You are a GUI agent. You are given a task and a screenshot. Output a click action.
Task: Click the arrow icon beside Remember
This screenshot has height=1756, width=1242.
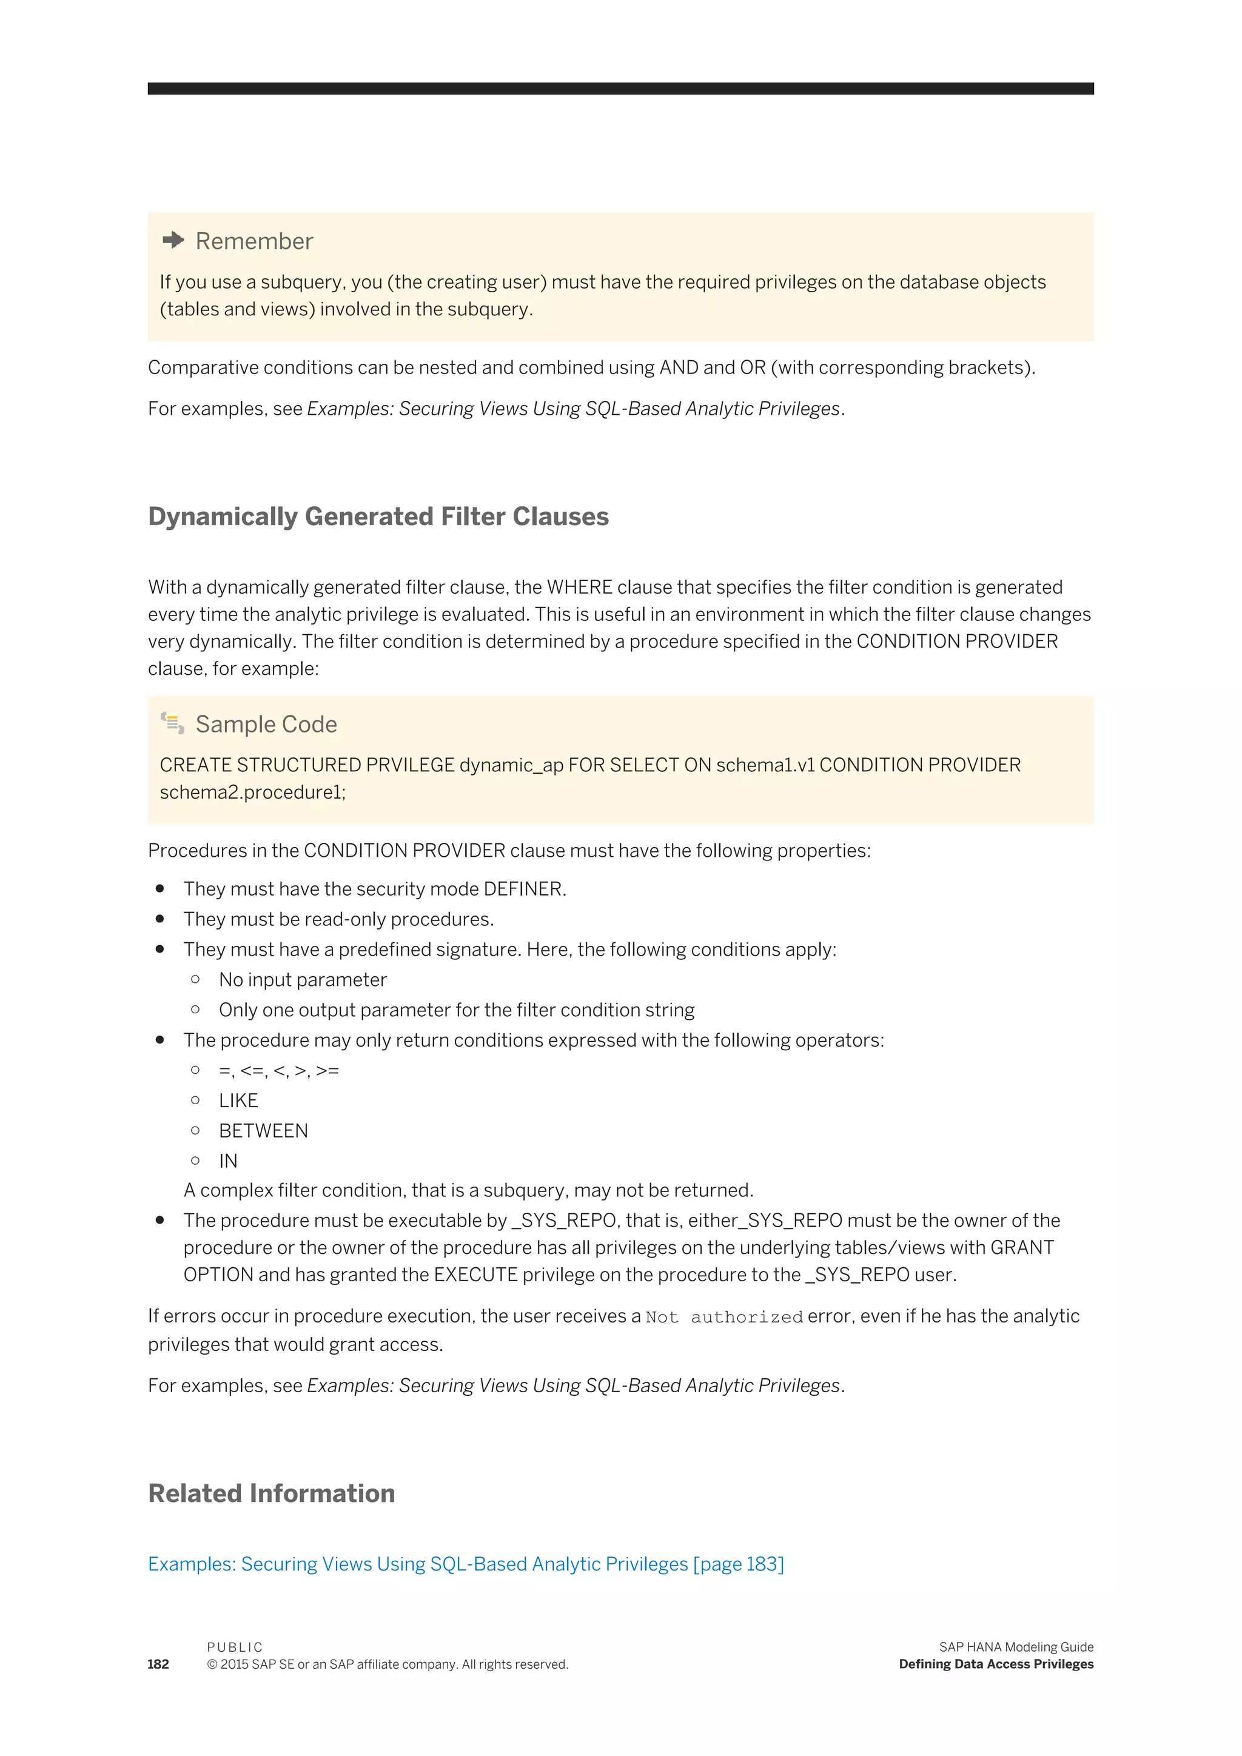click(173, 240)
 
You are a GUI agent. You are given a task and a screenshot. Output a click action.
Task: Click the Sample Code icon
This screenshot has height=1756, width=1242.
click(172, 723)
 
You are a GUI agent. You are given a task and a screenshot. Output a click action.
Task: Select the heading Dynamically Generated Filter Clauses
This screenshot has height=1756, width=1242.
click(378, 517)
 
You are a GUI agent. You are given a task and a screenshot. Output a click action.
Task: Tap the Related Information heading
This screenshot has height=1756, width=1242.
click(272, 1493)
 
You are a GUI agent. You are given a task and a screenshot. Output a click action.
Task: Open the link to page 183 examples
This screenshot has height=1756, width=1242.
click(466, 1564)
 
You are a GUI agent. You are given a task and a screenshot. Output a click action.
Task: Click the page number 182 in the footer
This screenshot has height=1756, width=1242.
click(158, 1664)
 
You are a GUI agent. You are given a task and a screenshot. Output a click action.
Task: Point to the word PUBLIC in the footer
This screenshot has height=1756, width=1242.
click(235, 1647)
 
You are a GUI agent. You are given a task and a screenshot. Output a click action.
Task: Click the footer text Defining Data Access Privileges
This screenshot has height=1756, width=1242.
click(996, 1664)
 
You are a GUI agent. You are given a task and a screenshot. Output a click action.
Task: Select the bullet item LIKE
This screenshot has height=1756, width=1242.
click(238, 1101)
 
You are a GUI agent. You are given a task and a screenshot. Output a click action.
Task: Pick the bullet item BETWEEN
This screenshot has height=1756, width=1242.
click(263, 1130)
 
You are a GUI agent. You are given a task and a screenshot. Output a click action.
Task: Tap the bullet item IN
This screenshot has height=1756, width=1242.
click(228, 1161)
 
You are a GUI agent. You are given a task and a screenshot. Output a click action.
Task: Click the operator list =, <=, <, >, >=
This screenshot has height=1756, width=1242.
click(278, 1071)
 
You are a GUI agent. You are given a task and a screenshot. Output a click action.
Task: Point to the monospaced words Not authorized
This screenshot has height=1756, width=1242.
click(723, 1317)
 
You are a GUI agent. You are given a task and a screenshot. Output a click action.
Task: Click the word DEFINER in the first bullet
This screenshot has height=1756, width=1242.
click(524, 889)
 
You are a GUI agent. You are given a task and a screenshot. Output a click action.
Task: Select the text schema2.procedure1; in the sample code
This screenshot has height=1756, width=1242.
click(252, 793)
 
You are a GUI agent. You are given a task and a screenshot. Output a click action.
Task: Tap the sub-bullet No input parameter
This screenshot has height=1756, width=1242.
click(303, 980)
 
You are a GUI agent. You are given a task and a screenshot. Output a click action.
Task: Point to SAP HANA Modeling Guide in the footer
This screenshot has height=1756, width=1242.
click(1016, 1647)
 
